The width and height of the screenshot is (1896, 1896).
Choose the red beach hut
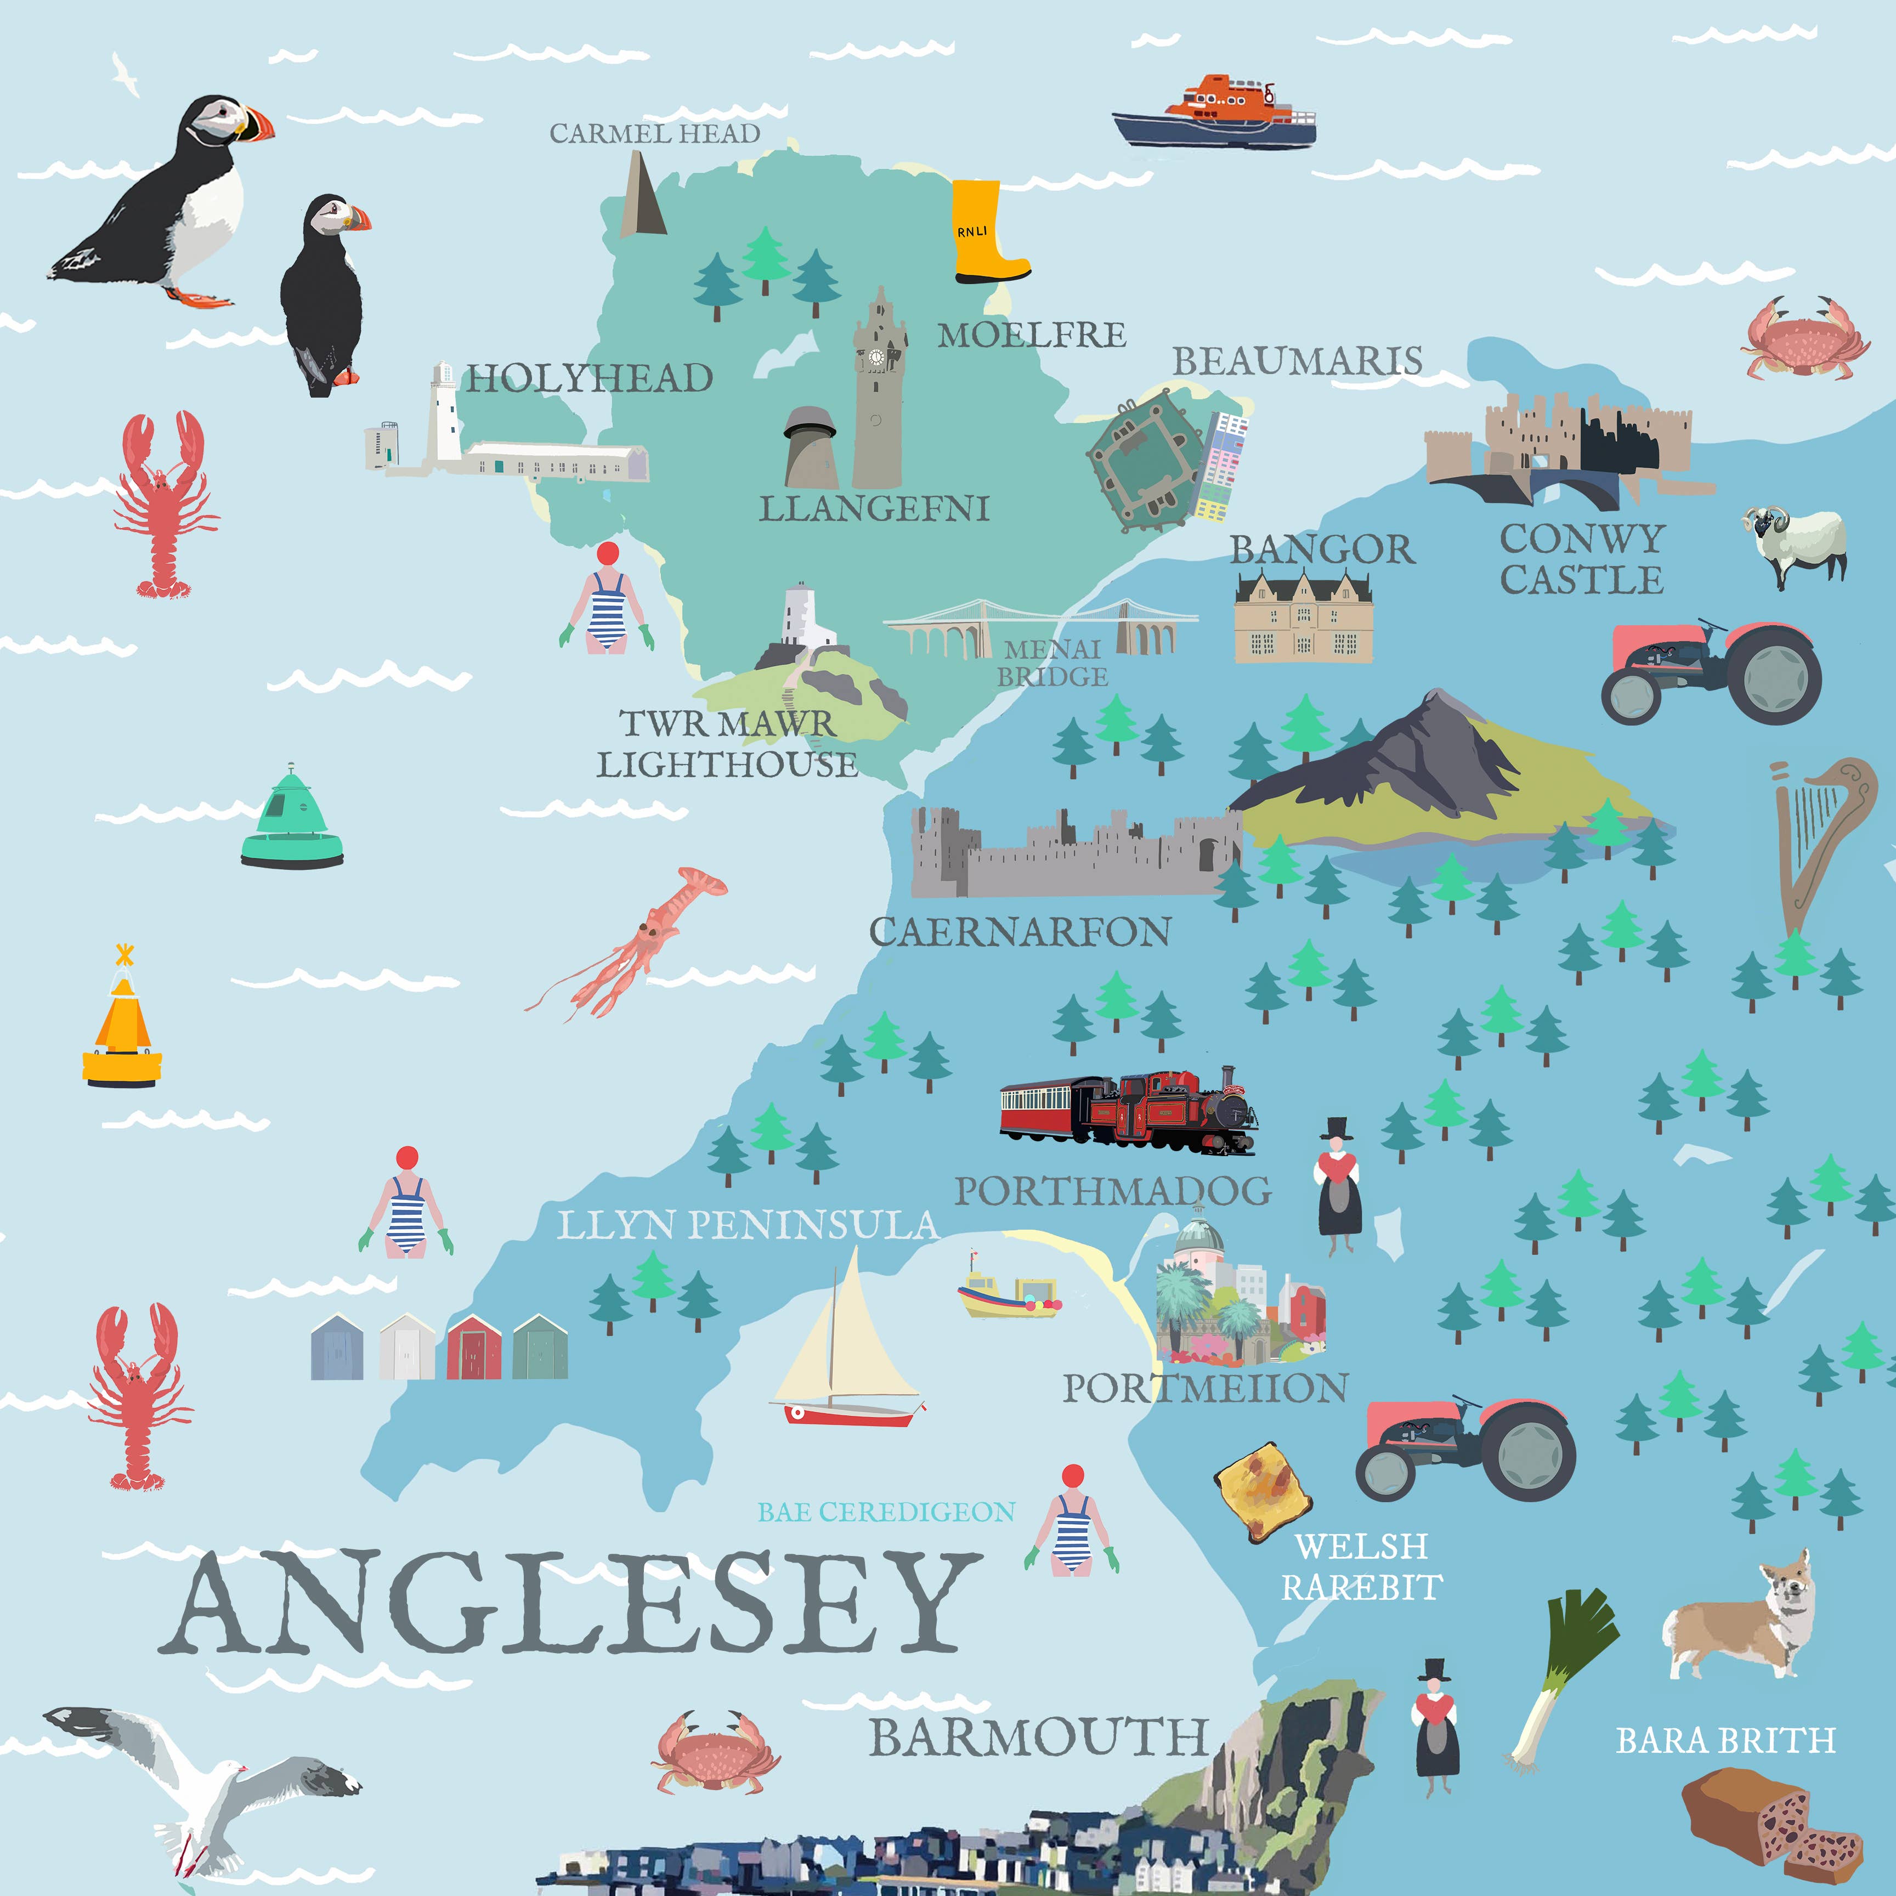(x=474, y=1348)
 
